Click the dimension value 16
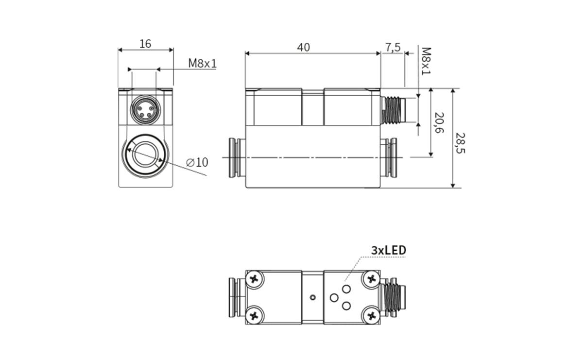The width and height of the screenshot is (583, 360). (x=145, y=44)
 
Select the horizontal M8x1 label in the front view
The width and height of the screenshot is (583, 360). (x=202, y=63)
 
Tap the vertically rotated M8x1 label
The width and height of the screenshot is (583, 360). (x=426, y=61)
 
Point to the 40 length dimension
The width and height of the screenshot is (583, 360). (x=304, y=47)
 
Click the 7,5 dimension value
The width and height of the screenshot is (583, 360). (x=393, y=47)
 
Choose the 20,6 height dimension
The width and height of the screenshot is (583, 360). (x=439, y=123)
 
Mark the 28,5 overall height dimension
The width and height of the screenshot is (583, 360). (x=460, y=144)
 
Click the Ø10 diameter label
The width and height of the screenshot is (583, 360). (x=197, y=162)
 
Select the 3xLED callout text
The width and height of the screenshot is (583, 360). (x=388, y=250)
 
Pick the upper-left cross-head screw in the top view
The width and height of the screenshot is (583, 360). (x=254, y=279)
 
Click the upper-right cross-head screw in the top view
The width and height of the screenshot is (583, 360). (x=372, y=279)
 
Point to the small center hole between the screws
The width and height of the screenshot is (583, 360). (x=313, y=297)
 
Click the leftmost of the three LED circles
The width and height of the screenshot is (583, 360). (x=334, y=297)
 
